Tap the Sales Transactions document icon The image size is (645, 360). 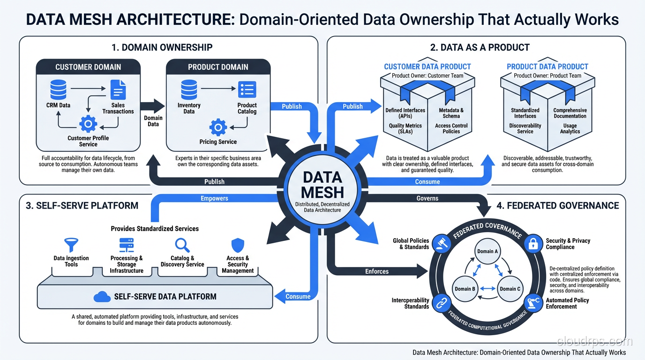118,90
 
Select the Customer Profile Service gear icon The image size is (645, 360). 88,124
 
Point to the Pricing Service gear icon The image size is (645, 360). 218,127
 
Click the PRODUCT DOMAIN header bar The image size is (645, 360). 218,67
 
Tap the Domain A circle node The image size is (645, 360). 488,251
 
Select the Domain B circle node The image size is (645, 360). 465,288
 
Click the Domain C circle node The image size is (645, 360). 510,288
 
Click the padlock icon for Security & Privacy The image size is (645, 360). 532,244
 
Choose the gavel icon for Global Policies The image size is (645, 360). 441,244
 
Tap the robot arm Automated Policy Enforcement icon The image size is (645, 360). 533,302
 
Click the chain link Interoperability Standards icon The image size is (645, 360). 441,303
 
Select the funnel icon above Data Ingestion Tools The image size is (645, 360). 71,245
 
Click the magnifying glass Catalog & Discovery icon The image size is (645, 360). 182,245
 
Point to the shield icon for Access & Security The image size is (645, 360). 238,245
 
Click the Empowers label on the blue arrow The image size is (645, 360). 214,198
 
